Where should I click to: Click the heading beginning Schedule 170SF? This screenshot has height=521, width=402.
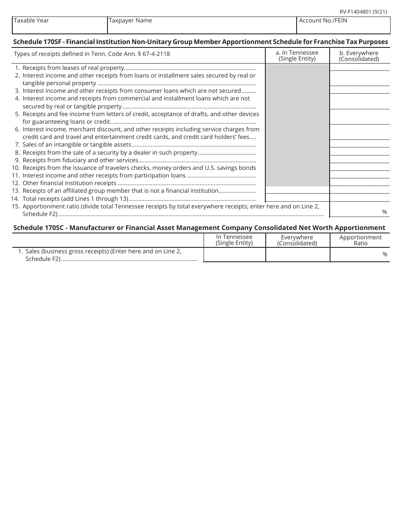201,42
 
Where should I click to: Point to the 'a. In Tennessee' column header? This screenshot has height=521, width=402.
297,55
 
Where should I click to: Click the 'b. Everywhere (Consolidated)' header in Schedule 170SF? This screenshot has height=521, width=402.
359,56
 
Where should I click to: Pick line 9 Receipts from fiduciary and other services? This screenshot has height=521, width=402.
80,160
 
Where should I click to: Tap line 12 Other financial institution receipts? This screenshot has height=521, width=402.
69,183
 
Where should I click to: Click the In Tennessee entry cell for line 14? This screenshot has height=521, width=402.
297,198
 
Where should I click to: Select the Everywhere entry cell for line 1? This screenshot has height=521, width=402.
359,67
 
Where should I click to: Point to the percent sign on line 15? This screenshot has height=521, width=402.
385,212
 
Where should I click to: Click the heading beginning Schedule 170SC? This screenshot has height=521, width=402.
199,227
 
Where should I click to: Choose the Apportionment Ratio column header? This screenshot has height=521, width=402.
360,240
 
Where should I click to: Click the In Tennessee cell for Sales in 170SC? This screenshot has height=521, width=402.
234,255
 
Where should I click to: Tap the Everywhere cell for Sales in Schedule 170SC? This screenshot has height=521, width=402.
297,255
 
